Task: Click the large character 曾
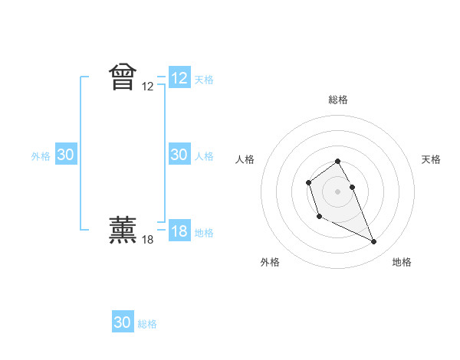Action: (123, 77)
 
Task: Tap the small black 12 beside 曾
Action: (148, 87)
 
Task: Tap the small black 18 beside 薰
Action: (148, 239)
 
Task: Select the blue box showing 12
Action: (179, 78)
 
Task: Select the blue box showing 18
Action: (179, 231)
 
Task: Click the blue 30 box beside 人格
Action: (179, 155)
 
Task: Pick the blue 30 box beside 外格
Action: (66, 155)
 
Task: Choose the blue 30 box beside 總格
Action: (123, 322)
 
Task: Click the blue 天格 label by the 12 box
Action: (204, 80)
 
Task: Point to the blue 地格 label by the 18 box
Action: (204, 233)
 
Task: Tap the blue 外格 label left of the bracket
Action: (41, 156)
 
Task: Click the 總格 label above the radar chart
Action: (338, 100)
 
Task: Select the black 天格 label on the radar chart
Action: (431, 159)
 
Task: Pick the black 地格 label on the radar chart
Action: (402, 262)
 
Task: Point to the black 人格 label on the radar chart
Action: (245, 159)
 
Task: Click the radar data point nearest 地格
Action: (374, 242)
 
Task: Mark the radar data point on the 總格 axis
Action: (338, 161)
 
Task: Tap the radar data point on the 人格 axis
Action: (308, 182)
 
